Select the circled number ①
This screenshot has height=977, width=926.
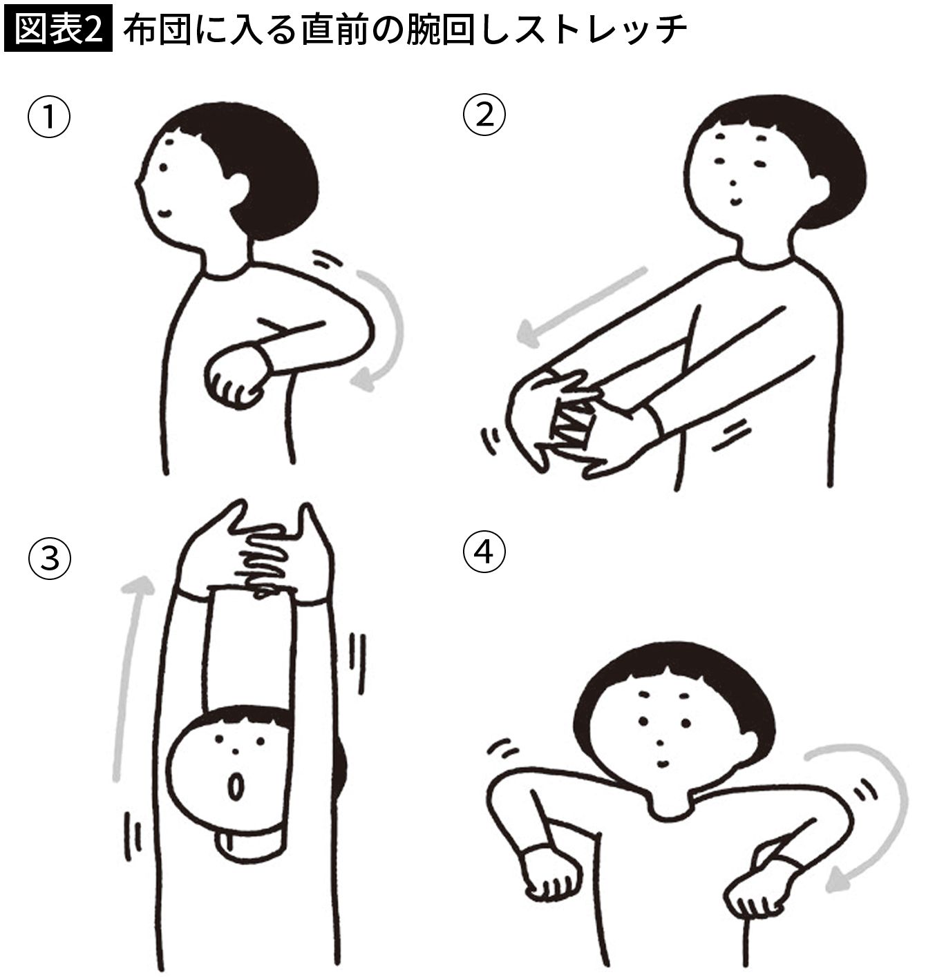tap(49, 118)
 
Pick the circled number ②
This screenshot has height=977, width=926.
tap(484, 115)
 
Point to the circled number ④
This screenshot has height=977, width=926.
tap(484, 552)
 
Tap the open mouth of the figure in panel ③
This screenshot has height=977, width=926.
tap(236, 784)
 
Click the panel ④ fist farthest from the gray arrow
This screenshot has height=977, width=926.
tap(552, 875)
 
